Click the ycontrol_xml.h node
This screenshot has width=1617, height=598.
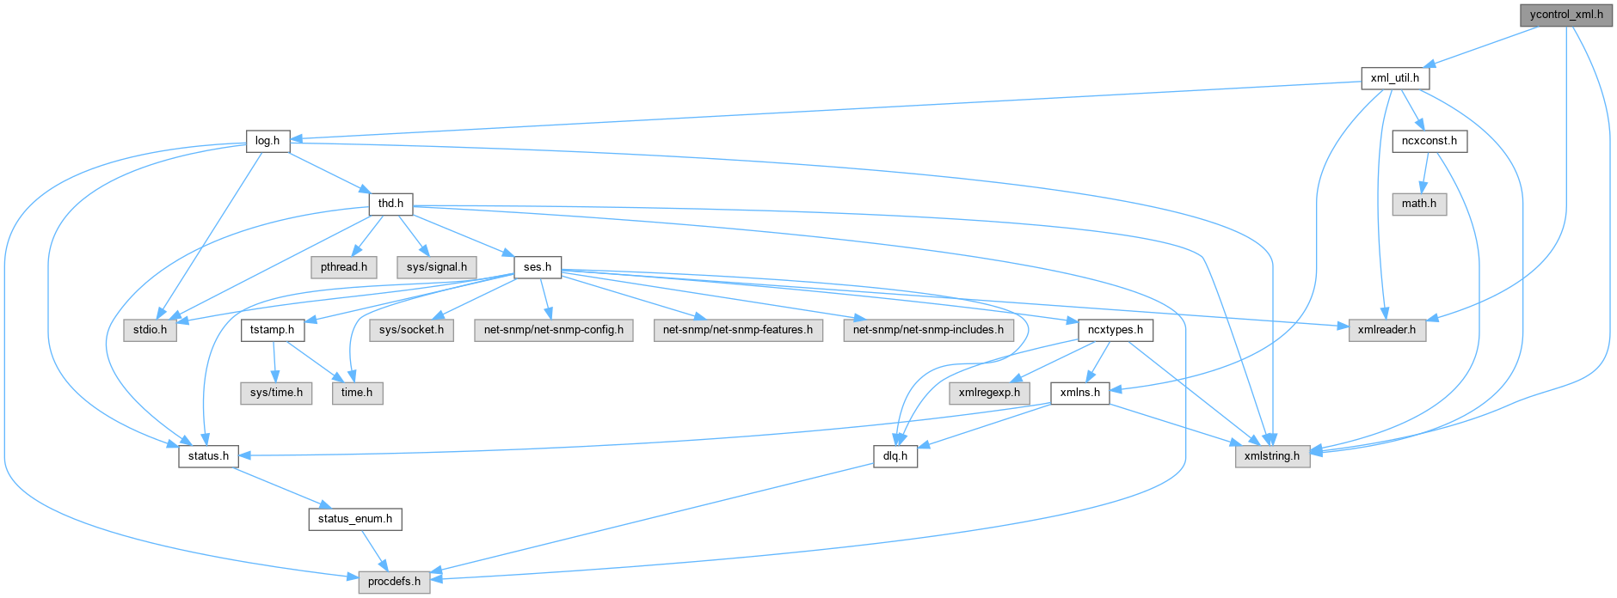1566,15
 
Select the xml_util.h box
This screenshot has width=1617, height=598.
1394,78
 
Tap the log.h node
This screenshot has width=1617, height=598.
267,141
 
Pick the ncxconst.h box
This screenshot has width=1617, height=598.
1429,141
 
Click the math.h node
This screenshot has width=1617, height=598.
1418,204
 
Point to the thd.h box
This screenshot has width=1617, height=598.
390,204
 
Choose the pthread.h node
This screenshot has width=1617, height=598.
343,266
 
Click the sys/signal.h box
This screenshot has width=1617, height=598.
436,266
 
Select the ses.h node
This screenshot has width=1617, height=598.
538,266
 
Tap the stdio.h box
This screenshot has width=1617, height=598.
150,330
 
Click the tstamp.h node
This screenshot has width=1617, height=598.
272,330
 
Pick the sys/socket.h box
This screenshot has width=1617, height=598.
411,330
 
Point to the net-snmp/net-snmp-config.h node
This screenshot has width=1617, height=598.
553,330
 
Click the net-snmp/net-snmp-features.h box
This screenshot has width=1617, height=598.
737,330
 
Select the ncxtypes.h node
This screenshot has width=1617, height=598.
1115,330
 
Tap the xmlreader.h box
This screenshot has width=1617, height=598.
1386,330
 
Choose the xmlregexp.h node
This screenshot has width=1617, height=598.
989,393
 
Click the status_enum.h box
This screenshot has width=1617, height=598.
354,519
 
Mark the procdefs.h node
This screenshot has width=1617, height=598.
394,582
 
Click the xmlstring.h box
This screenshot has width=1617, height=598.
1272,455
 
